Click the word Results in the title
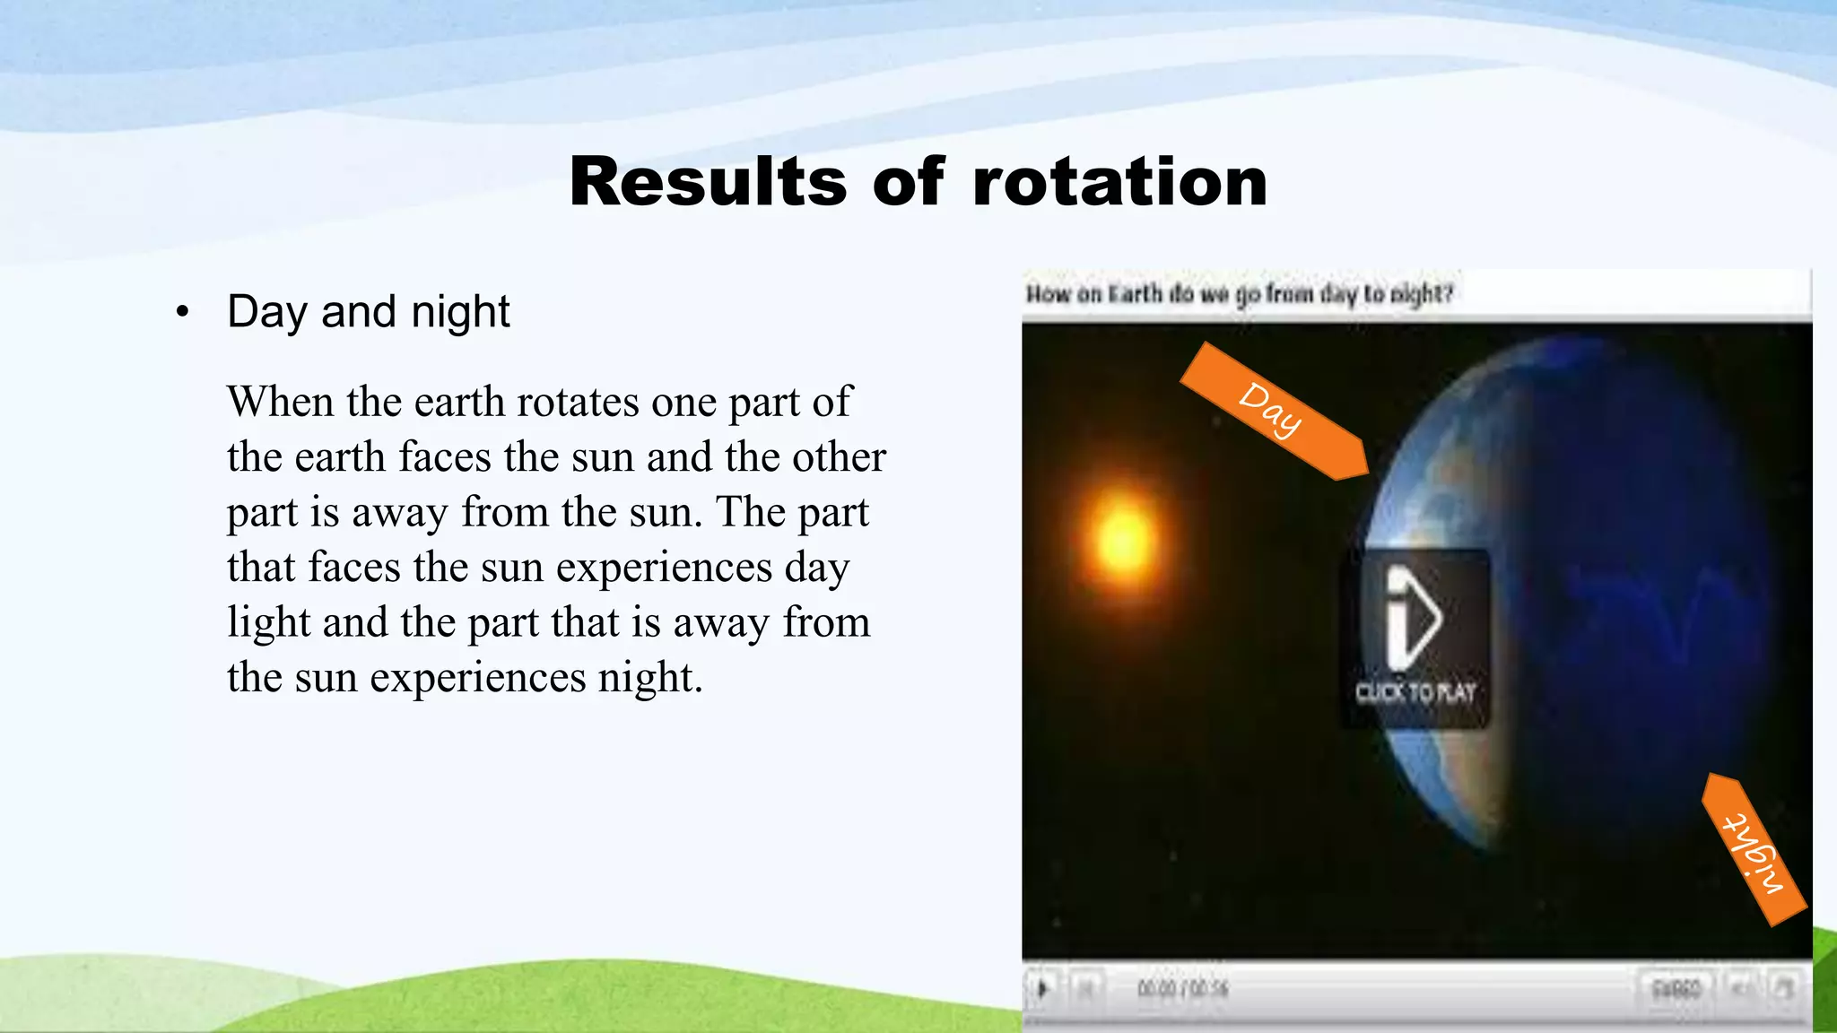708,182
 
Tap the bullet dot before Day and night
183,312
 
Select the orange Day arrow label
1274,410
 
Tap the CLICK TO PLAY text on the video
1415,692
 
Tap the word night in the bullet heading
460,312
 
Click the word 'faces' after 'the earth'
445,457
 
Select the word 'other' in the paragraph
839,457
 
